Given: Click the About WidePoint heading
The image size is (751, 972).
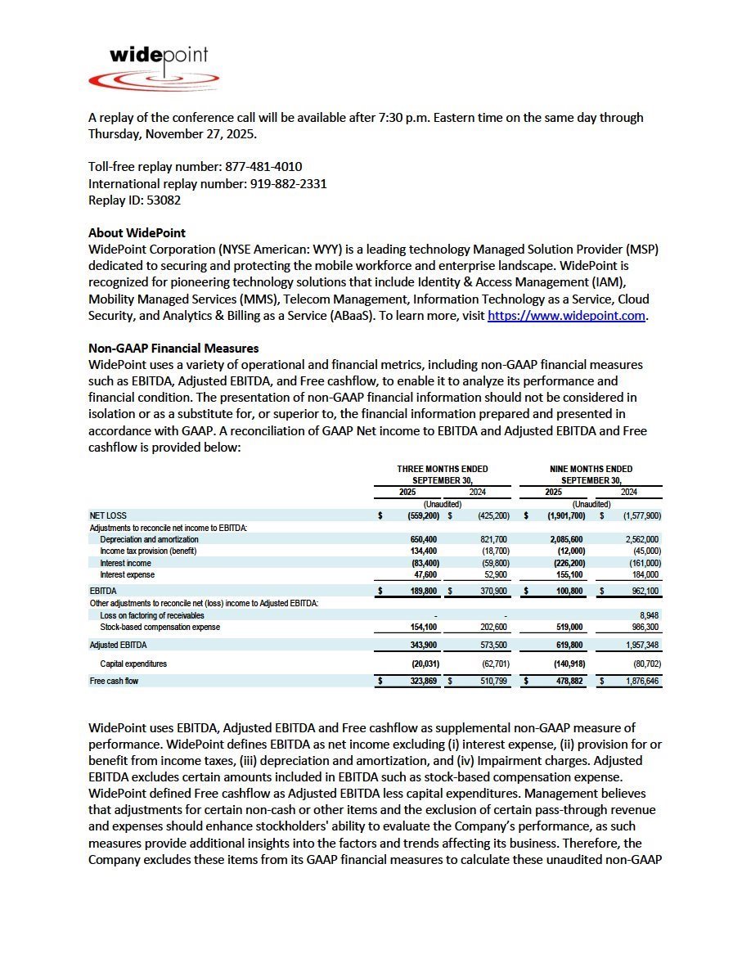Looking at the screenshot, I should pos(137,233).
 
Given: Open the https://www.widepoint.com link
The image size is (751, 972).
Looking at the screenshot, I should pos(566,316).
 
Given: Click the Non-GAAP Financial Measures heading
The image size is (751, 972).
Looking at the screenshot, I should pos(173,349).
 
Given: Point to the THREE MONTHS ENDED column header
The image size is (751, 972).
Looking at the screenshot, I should pos(443,469).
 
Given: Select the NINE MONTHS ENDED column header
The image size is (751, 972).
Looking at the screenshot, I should pos(591,469).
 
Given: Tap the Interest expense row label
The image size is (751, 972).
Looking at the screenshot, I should pos(127,575).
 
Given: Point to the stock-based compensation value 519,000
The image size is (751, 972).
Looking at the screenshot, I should pos(567,627).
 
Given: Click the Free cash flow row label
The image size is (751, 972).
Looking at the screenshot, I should pos(114,681).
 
